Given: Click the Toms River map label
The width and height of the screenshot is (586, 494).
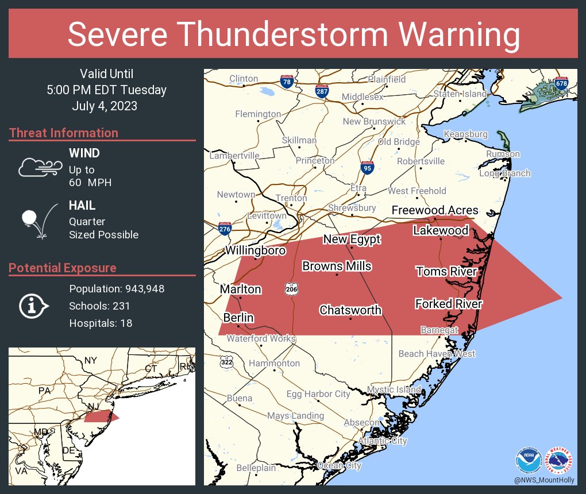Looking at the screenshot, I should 446,271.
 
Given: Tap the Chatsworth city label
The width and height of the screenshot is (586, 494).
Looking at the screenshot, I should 350,310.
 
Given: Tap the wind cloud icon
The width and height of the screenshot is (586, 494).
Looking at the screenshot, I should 39,167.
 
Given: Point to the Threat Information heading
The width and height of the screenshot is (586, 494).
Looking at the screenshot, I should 63,133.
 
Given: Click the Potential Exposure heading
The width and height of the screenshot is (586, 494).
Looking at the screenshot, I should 62,268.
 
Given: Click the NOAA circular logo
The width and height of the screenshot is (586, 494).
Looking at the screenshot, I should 529,461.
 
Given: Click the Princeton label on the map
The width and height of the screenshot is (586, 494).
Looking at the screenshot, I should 315,161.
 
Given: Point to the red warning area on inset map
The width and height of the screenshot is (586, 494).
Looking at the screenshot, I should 101,416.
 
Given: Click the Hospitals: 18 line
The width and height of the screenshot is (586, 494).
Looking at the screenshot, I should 101,323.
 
